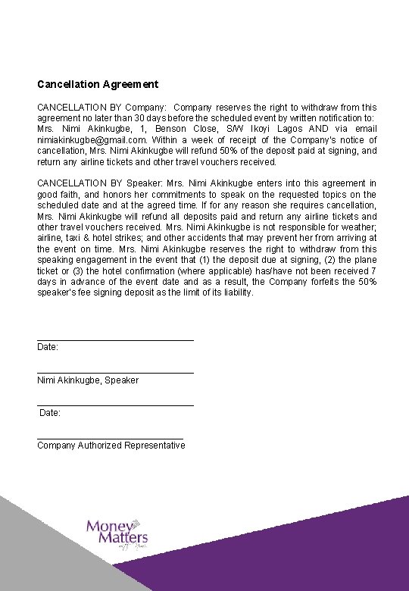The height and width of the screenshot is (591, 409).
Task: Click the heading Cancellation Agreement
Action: [x=98, y=84]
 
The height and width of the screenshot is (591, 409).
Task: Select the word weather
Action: [x=356, y=227]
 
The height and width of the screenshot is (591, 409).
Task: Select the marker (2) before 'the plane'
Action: [x=333, y=260]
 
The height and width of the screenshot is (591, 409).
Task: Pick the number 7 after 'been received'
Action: [x=373, y=270]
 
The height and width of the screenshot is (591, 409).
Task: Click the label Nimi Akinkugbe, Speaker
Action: [x=88, y=380]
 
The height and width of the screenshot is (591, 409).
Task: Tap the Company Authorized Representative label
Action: [x=111, y=446]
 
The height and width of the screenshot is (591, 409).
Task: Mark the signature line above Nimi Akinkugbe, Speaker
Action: [x=115, y=372]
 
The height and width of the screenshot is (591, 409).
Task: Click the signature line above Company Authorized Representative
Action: [x=110, y=438]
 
